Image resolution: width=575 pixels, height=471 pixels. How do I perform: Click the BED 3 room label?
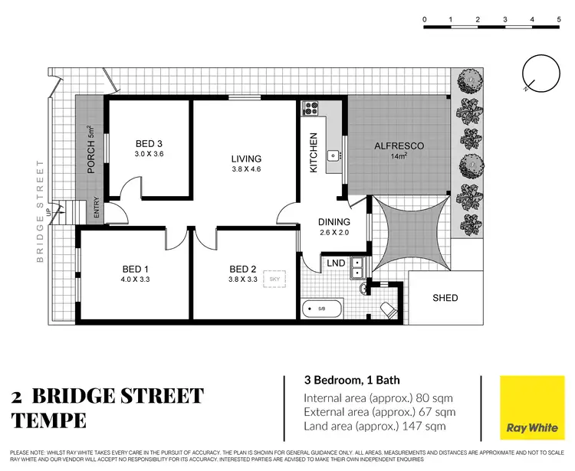pyautogui.click(x=149, y=143)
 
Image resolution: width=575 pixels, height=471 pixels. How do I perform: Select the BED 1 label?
pyautogui.click(x=135, y=269)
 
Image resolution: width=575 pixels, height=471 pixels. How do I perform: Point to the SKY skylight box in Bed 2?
pyautogui.click(x=274, y=280)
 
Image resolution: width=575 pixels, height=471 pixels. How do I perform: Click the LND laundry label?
pyautogui.click(x=336, y=263)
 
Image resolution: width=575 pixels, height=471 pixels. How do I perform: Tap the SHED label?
pyautogui.click(x=445, y=298)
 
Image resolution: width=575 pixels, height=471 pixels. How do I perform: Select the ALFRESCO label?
pyautogui.click(x=399, y=146)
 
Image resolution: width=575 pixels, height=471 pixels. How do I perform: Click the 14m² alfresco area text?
pyautogui.click(x=399, y=156)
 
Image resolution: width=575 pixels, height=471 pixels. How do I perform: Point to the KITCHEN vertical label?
pyautogui.click(x=314, y=152)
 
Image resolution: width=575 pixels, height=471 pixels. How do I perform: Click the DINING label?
pyautogui.click(x=334, y=222)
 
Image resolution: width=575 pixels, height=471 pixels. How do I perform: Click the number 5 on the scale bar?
pyautogui.click(x=558, y=18)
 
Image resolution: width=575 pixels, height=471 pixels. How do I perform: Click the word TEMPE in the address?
pyautogui.click(x=49, y=420)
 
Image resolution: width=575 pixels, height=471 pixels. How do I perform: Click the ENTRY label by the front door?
pyautogui.click(x=97, y=209)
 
